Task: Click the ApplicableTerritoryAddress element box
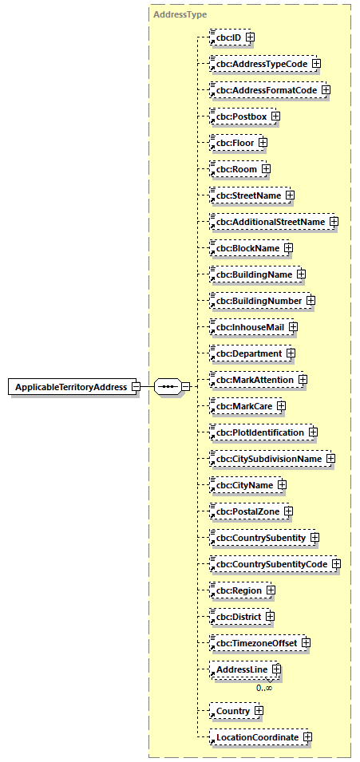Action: pos(71,387)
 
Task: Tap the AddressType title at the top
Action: pos(175,14)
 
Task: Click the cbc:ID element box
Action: pos(226,37)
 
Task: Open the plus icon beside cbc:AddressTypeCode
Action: pos(316,63)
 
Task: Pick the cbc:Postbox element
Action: pos(239,116)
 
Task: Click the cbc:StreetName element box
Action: pos(247,195)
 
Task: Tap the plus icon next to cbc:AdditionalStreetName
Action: pos(334,221)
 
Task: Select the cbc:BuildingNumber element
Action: pos(256,300)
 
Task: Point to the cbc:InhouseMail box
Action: pos(248,326)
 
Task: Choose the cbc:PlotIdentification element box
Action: pos(258,432)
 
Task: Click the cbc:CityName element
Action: pos(242,484)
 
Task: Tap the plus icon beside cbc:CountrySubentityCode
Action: pos(336,564)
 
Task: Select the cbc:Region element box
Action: pos(237,590)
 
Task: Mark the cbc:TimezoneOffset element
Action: pos(255,643)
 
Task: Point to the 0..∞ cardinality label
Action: pos(264,687)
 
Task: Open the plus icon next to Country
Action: pos(259,710)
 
